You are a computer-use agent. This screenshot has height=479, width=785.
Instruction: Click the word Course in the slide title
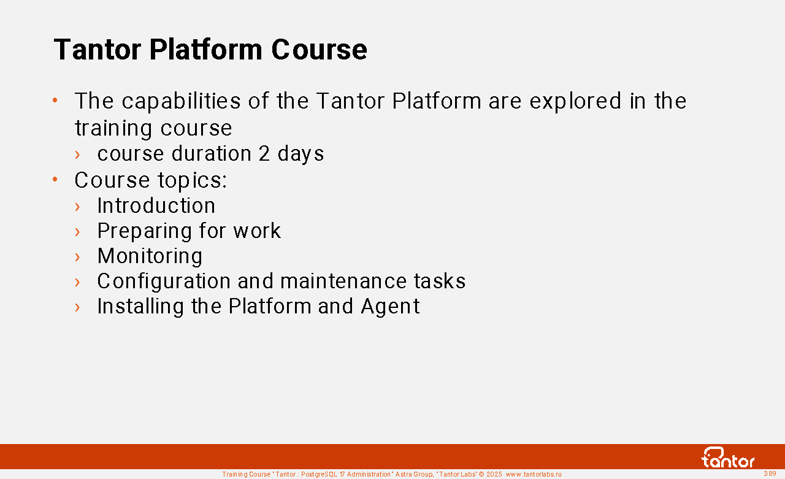[319, 50]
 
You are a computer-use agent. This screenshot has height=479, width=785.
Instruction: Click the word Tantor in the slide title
[98, 50]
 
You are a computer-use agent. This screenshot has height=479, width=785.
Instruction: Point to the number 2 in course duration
[264, 154]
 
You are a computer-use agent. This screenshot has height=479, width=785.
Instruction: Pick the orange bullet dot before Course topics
[55, 180]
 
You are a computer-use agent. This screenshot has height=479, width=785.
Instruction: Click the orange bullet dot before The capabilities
[55, 101]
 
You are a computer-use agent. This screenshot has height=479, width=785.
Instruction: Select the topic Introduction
[156, 205]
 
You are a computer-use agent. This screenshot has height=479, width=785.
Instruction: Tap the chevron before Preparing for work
[77, 232]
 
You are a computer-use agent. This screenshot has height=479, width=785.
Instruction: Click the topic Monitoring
[150, 257]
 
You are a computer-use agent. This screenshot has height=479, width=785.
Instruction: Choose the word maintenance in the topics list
[343, 282]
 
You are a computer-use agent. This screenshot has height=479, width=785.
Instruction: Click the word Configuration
[164, 282]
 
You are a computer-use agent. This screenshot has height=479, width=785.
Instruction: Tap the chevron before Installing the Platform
[77, 307]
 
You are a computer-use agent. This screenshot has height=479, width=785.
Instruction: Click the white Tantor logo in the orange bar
[728, 458]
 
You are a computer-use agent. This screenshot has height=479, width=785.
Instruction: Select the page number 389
[770, 473]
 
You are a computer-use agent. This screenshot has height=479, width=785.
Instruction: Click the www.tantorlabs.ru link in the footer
[534, 475]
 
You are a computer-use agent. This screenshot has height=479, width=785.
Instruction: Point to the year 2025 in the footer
[494, 475]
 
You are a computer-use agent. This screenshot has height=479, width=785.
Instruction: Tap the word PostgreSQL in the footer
[319, 475]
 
